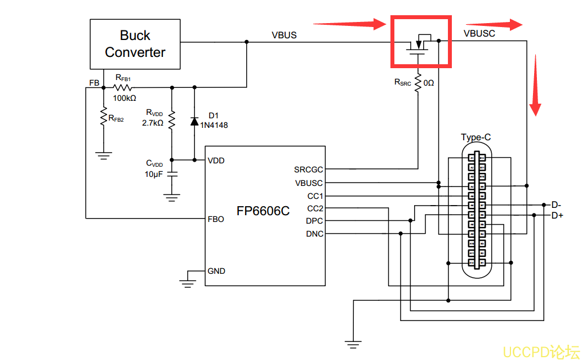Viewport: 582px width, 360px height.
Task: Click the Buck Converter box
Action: coord(135,44)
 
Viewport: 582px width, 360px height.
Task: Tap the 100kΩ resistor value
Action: coord(125,98)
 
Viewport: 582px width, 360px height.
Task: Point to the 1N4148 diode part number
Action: coord(214,125)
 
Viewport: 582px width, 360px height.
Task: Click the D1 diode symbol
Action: coord(194,121)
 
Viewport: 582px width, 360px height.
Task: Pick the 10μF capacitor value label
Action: coord(154,174)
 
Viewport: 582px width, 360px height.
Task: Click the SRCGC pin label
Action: coord(308,170)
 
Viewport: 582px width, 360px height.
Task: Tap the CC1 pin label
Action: coord(315,196)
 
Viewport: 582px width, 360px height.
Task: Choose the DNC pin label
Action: coord(314,234)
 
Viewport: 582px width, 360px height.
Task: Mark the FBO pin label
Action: coord(216,219)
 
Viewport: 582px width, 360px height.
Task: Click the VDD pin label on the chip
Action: coord(216,161)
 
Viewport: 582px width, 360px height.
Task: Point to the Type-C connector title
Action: coord(476,137)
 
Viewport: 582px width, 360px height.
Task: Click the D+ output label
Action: coord(557,216)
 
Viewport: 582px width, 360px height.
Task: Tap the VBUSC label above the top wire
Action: coord(479,33)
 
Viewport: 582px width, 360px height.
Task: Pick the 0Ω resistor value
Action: coord(429,83)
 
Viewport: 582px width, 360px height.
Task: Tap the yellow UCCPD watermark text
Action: coord(540,352)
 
